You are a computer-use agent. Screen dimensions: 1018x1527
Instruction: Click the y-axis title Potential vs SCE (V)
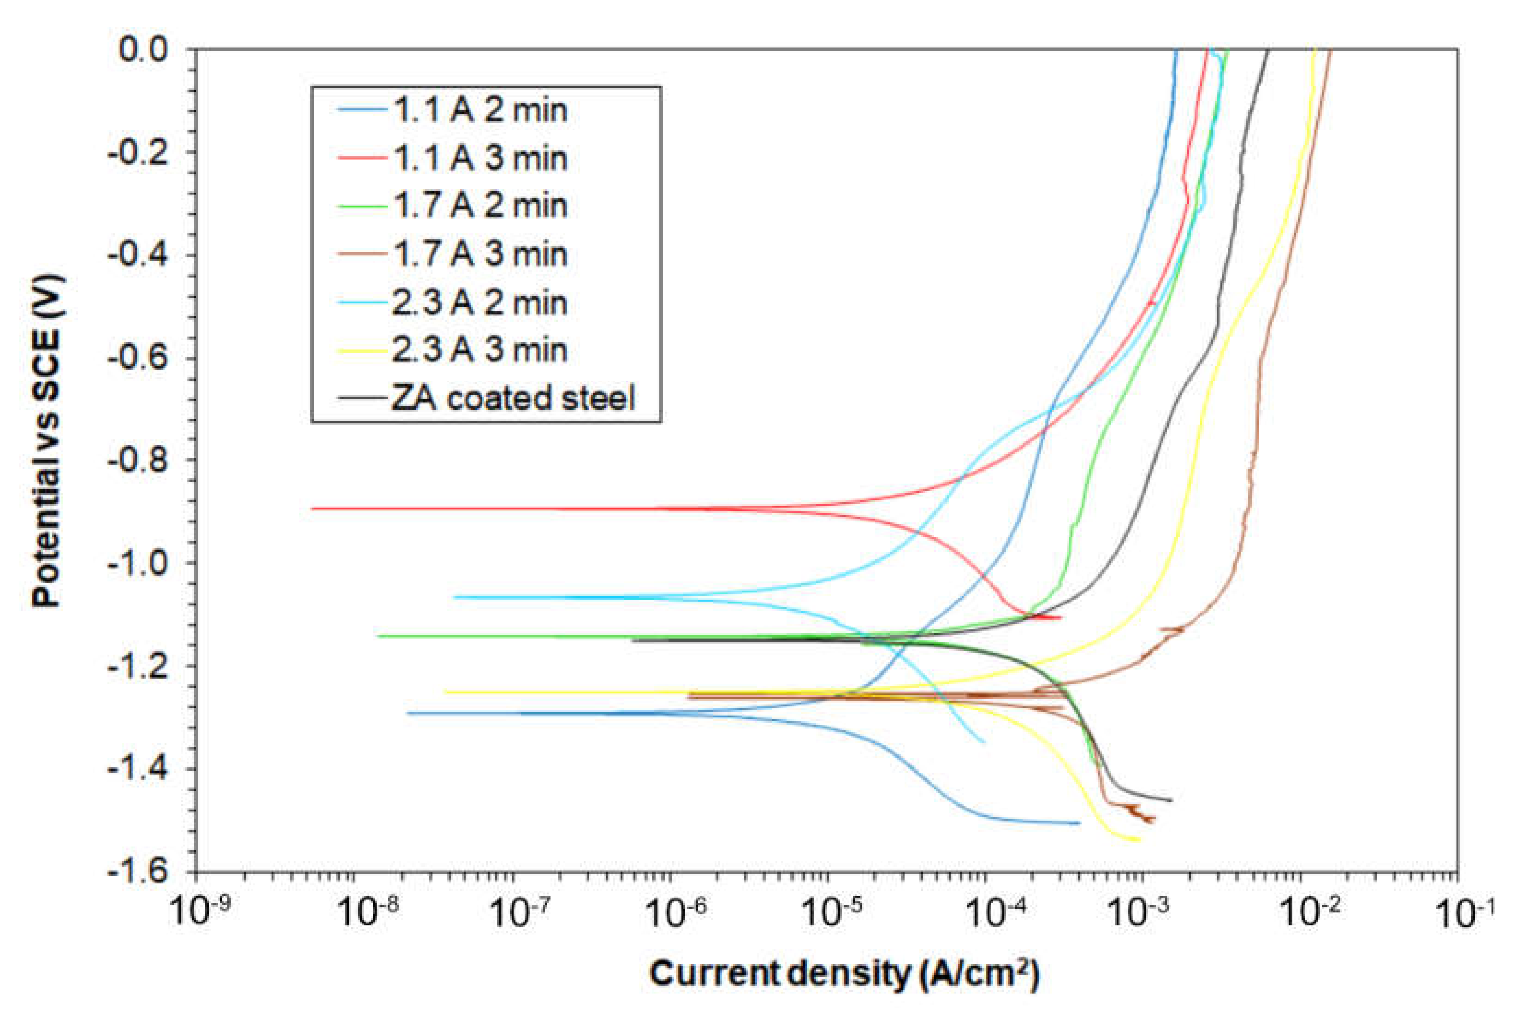[49, 442]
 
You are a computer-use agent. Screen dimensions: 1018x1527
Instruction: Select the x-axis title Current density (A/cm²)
[844, 974]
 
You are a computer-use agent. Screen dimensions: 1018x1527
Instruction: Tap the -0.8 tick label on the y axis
[138, 460]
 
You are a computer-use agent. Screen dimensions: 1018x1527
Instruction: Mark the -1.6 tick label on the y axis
[138, 872]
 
